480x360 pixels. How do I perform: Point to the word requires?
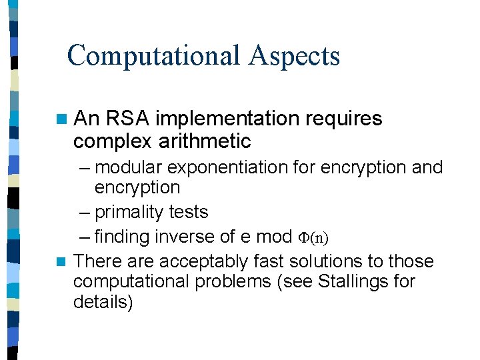coord(343,119)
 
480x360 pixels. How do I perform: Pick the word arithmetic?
coord(205,141)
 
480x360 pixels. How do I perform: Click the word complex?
coord(113,141)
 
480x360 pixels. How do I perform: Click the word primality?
coord(125,212)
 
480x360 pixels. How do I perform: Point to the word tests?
coord(183,212)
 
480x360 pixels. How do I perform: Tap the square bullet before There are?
coord(62,262)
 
